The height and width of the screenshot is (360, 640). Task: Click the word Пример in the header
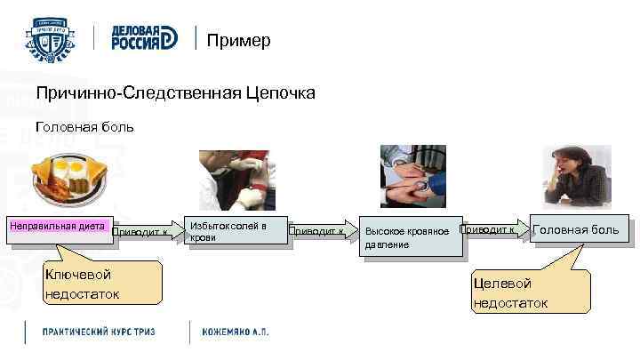click(238, 41)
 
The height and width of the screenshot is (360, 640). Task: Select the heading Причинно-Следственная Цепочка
click(175, 93)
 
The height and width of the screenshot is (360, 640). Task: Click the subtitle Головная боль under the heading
click(84, 127)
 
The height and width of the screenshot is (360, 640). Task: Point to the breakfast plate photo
click(69, 177)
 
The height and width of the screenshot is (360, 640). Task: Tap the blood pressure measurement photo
click(413, 175)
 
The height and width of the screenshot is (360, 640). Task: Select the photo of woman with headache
click(578, 175)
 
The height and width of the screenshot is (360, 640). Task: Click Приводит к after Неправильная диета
click(141, 232)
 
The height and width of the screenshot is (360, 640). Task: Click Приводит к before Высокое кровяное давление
click(316, 230)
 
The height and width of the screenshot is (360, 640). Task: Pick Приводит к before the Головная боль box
click(488, 229)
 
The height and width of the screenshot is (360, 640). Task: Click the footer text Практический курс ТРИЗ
click(100, 332)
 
